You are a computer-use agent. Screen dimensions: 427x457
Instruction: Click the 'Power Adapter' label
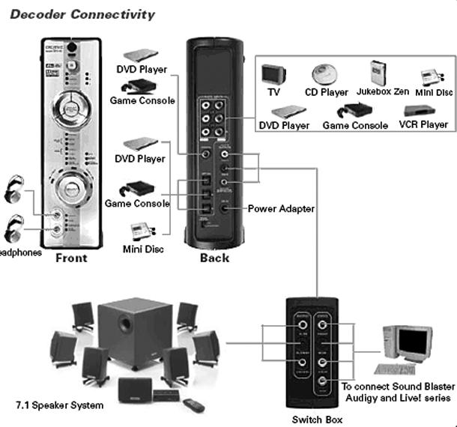coord(281,208)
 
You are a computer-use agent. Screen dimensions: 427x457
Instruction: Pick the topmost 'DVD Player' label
coord(142,70)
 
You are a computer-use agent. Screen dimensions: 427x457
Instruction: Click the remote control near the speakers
coord(196,405)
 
